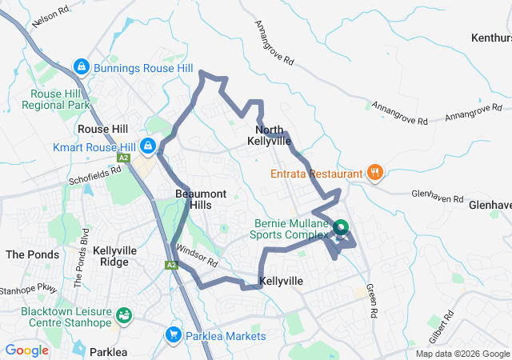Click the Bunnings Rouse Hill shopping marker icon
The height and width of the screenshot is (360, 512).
(x=81, y=66)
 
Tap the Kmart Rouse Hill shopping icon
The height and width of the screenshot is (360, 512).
(x=148, y=146)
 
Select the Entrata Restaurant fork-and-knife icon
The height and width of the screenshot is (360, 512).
(x=374, y=172)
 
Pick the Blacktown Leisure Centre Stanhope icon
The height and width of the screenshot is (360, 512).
(x=124, y=314)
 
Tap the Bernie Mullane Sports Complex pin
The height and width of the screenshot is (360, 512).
(x=340, y=229)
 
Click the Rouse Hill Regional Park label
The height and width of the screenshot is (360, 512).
(x=54, y=99)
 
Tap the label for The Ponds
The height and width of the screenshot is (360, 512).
(x=32, y=254)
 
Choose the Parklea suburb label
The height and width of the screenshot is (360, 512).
(x=110, y=351)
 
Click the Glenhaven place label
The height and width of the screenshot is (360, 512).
(x=489, y=205)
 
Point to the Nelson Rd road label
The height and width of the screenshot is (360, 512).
(x=47, y=18)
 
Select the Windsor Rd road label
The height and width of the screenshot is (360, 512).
(x=198, y=255)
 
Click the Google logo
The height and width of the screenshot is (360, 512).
(x=27, y=350)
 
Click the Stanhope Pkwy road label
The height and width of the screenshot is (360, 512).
(x=29, y=288)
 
